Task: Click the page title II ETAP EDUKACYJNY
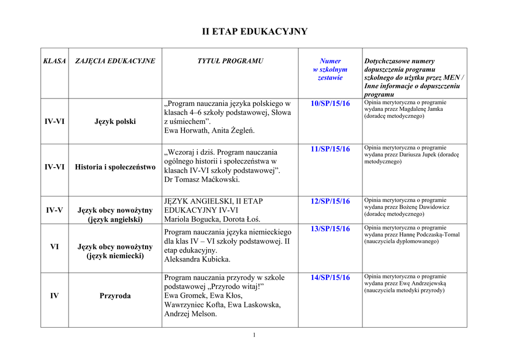[254, 32]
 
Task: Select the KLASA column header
[55, 61]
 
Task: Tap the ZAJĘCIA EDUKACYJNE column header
[115, 61]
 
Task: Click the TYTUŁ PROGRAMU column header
[230, 61]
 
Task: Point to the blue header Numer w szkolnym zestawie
[330, 69]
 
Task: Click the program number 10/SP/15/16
[330, 103]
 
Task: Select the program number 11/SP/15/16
[330, 149]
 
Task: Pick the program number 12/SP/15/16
[330, 201]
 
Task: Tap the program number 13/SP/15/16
[330, 228]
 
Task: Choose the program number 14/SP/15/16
[330, 277]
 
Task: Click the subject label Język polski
[115, 121]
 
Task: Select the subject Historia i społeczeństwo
[115, 167]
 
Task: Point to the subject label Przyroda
[115, 296]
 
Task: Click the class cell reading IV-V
[55, 210]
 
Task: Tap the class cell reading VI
[55, 247]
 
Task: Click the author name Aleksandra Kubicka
[197, 259]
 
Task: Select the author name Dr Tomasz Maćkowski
[202, 180]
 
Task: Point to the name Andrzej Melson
[190, 314]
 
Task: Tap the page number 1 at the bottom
[254, 335]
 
